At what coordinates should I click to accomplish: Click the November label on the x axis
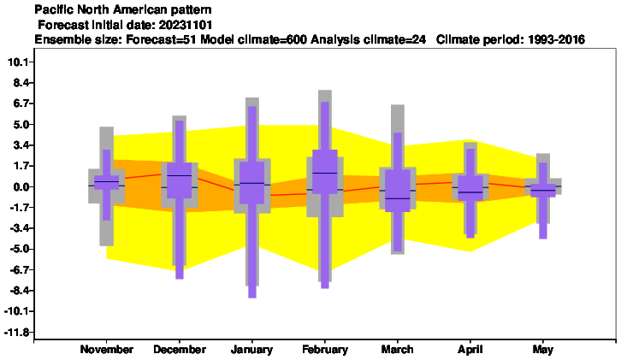[107, 349]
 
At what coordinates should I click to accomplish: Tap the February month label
[325, 349]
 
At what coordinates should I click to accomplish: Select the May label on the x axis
[543, 350]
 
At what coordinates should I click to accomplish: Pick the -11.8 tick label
[17, 332]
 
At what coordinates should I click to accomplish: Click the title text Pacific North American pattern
[123, 9]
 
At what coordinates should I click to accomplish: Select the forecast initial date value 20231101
[186, 25]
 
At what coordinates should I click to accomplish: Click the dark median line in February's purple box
[325, 173]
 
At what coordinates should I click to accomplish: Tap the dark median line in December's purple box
[180, 175]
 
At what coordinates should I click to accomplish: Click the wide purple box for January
[251, 183]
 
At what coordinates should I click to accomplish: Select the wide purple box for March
[398, 191]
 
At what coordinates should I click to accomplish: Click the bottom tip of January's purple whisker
[251, 298]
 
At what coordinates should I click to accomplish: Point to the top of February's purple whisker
[325, 102]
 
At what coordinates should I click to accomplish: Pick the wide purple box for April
[470, 188]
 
